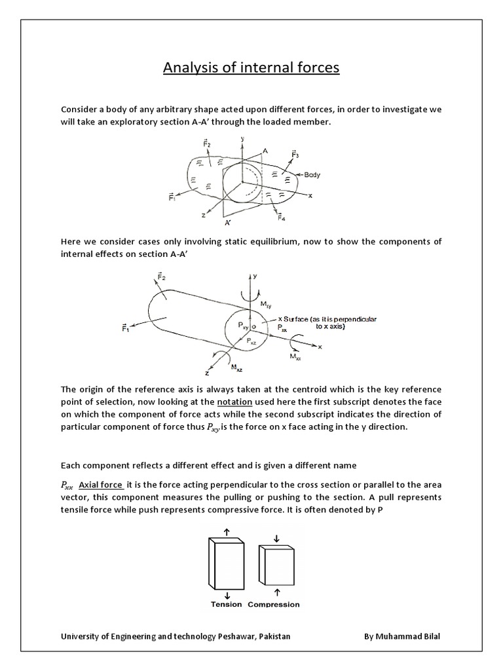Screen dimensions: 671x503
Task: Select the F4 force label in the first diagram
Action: [280, 217]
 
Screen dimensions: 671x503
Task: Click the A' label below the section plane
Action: [229, 223]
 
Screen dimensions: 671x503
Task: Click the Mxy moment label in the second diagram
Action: [267, 304]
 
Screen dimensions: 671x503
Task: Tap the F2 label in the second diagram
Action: [161, 278]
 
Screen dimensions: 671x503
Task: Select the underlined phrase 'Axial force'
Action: [100, 485]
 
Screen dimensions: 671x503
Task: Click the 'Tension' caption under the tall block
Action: [226, 604]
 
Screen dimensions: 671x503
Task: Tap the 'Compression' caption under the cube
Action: [274, 604]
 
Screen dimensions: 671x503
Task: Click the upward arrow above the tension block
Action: [226, 531]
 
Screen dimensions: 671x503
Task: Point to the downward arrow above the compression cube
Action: [276, 538]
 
